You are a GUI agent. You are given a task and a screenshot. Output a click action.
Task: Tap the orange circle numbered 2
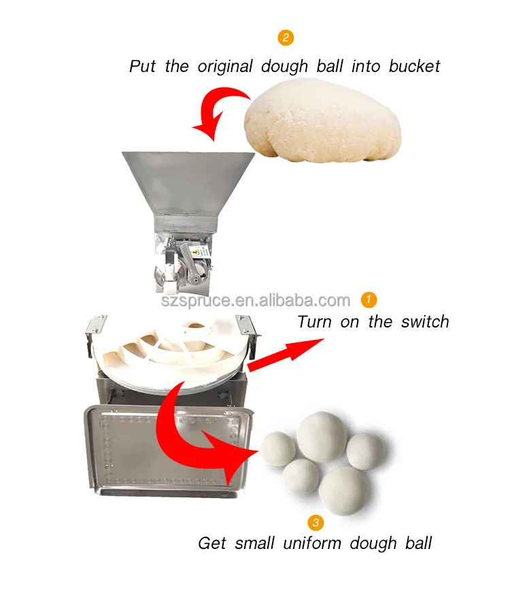pos(286,37)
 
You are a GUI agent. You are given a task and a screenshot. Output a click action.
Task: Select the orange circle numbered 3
pos(315,522)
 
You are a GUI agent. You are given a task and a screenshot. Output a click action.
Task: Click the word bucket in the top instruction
pos(414,67)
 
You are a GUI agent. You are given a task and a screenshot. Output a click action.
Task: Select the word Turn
pos(316,321)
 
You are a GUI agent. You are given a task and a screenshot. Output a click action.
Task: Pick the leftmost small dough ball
pos(278,448)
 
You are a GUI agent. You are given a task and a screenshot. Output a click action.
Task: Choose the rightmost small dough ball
pos(366,451)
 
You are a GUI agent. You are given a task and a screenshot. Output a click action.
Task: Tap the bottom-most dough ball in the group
pos(343,491)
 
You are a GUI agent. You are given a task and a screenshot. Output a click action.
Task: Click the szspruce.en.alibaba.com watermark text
pos(256,300)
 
